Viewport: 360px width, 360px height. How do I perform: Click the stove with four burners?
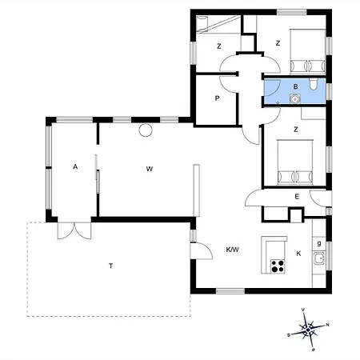point(278,266)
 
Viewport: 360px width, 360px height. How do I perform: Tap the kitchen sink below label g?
point(319,258)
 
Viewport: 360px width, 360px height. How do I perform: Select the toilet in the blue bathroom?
point(314,84)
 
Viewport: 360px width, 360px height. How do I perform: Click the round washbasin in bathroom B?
point(295,99)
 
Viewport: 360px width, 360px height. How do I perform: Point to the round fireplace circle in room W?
point(146,130)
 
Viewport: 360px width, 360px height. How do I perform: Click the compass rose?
point(308,330)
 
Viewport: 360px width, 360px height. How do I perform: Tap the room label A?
point(75,167)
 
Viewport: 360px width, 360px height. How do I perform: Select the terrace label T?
point(110,266)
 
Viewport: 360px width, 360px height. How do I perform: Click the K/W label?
point(232,250)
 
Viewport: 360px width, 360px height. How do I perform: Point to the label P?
point(217,98)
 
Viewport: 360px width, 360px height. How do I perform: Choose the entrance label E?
point(297,197)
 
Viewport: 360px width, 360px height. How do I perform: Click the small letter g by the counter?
point(319,243)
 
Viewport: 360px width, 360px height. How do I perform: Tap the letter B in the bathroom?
point(295,86)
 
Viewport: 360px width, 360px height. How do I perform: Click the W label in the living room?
point(150,169)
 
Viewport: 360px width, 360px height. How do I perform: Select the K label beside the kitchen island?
point(298,254)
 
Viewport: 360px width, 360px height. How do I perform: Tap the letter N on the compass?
point(327,325)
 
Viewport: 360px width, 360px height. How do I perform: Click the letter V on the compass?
point(303,310)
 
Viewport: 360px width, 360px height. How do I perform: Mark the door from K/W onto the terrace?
point(202,250)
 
